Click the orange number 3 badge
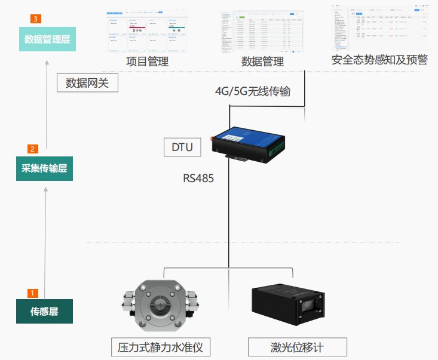(36, 19)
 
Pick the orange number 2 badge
(33, 149)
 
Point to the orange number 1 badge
(33, 293)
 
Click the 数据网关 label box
(87, 82)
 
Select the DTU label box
(182, 146)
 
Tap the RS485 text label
(198, 178)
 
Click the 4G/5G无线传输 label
(253, 91)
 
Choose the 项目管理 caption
(147, 61)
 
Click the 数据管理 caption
(262, 61)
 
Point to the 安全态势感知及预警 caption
(381, 60)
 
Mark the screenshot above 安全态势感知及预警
(382, 29)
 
